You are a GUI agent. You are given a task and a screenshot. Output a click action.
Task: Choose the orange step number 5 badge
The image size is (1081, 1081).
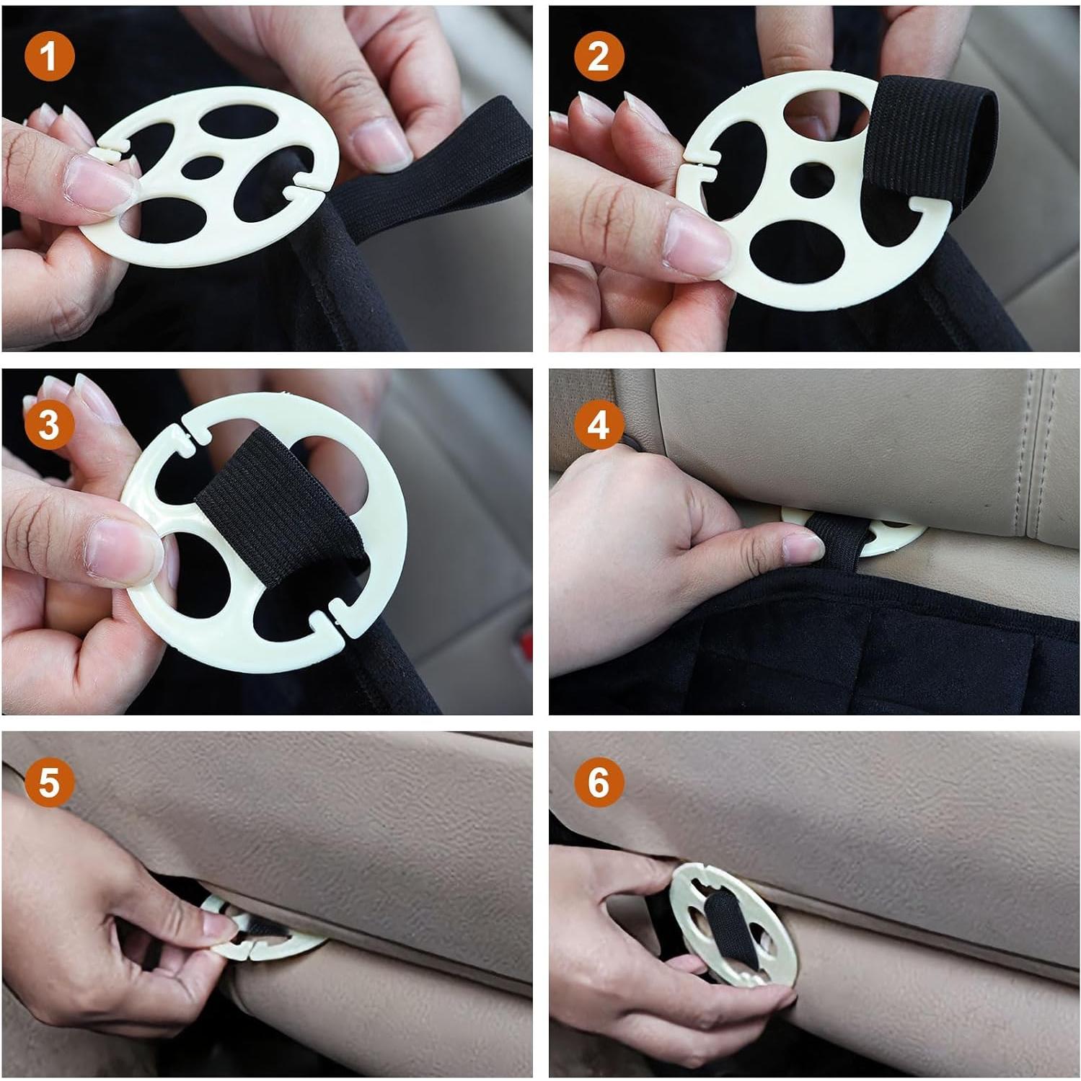[x=48, y=781]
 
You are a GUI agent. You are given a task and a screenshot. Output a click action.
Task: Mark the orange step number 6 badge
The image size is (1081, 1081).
[x=598, y=781]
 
